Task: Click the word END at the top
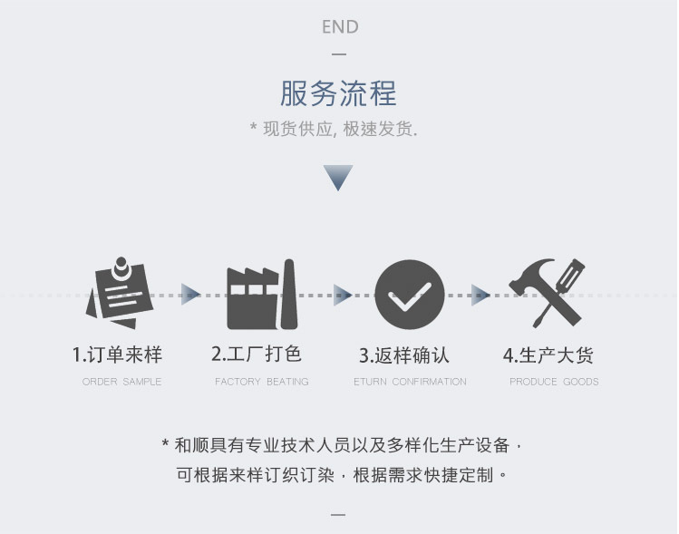(340, 27)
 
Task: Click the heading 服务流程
(338, 93)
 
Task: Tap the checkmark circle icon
(410, 295)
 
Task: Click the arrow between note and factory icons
(190, 294)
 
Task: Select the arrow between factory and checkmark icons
(342, 294)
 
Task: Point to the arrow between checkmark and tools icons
(480, 294)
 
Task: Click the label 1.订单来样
(117, 354)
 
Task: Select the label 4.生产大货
(548, 354)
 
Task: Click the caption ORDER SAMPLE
(121, 382)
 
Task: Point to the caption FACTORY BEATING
(261, 382)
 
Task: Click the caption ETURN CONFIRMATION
(410, 382)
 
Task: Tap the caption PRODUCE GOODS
(554, 382)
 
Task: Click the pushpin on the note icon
(121, 266)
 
